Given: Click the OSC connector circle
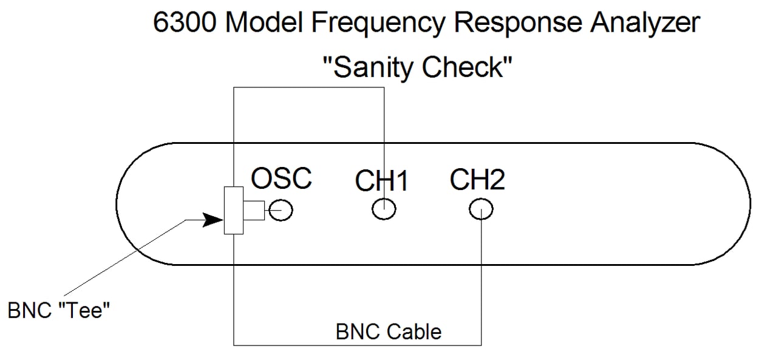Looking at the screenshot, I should pos(282,211).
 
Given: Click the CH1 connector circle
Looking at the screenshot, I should pos(384,210).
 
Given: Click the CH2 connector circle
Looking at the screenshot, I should pos(481,210).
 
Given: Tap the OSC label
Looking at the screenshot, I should pos(281,178).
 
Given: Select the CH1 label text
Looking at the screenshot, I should pos(383,181).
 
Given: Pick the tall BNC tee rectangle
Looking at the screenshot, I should pos(233,210).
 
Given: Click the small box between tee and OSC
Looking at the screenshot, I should pos(254,210).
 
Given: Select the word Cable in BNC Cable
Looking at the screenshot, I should pos(415,332).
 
